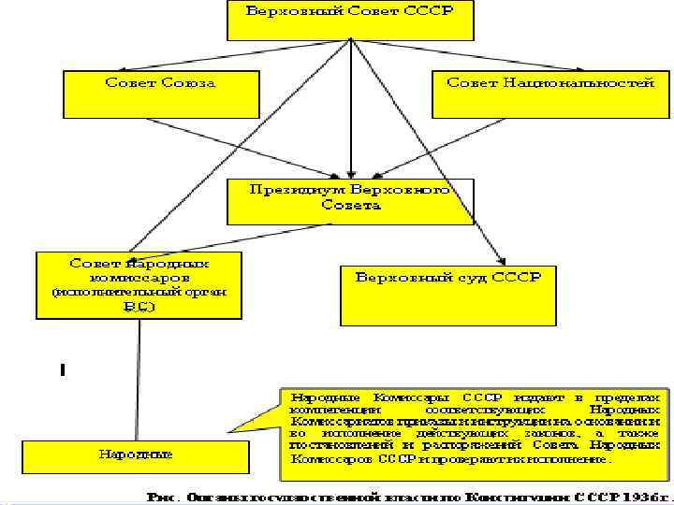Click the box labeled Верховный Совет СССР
coord(349,18)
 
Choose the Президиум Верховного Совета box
coord(350,199)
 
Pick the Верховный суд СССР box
coord(447,295)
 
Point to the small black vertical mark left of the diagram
coord(61,371)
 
